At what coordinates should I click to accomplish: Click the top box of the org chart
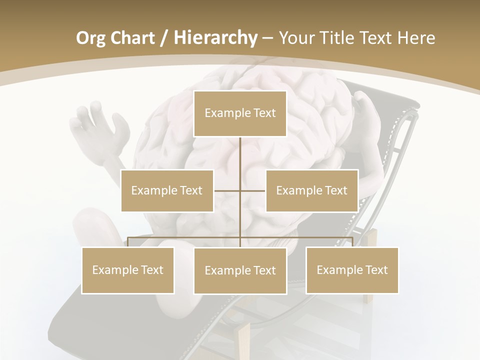click(x=240, y=113)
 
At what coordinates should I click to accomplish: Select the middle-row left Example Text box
click(x=167, y=190)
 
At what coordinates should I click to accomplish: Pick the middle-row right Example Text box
click(x=311, y=190)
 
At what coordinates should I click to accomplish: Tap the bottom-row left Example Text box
click(x=128, y=270)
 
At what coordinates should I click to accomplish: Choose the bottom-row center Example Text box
click(x=240, y=270)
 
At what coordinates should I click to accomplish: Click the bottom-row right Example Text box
click(x=352, y=270)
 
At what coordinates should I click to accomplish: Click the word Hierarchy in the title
click(x=215, y=38)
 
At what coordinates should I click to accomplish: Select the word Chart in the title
click(x=133, y=38)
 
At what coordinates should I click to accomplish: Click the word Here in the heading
click(x=416, y=38)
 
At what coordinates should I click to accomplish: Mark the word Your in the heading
click(x=295, y=38)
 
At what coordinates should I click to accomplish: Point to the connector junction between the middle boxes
click(x=240, y=190)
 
